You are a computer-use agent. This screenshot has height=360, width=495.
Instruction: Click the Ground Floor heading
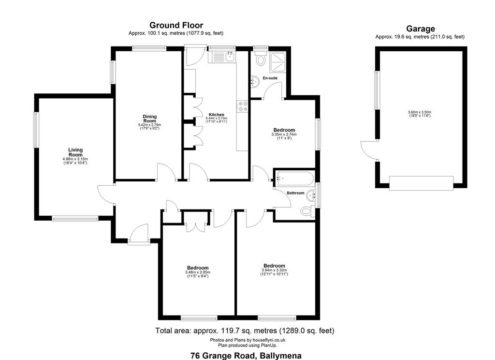(176, 25)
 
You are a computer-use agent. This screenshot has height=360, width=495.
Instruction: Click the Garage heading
(420, 29)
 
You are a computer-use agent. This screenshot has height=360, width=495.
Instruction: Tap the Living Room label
(75, 152)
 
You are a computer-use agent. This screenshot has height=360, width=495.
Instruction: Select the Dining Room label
(150, 119)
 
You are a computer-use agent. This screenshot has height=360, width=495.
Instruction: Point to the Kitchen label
(217, 115)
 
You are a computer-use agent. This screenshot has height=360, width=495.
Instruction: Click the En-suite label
(270, 78)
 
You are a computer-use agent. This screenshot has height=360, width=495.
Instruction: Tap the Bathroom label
(295, 193)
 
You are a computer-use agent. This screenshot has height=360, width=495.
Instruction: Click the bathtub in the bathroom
(295, 178)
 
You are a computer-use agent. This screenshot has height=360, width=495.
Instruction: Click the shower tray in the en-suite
(278, 61)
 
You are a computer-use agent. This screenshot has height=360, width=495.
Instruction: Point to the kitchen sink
(230, 57)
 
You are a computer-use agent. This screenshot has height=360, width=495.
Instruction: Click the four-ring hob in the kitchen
(243, 106)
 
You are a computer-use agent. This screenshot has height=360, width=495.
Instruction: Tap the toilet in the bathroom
(307, 211)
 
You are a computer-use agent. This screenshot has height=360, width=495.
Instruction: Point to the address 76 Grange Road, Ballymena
(246, 356)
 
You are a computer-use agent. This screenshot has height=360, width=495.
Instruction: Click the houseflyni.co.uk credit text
(248, 340)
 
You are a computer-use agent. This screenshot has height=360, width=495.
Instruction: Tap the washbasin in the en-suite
(255, 82)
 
